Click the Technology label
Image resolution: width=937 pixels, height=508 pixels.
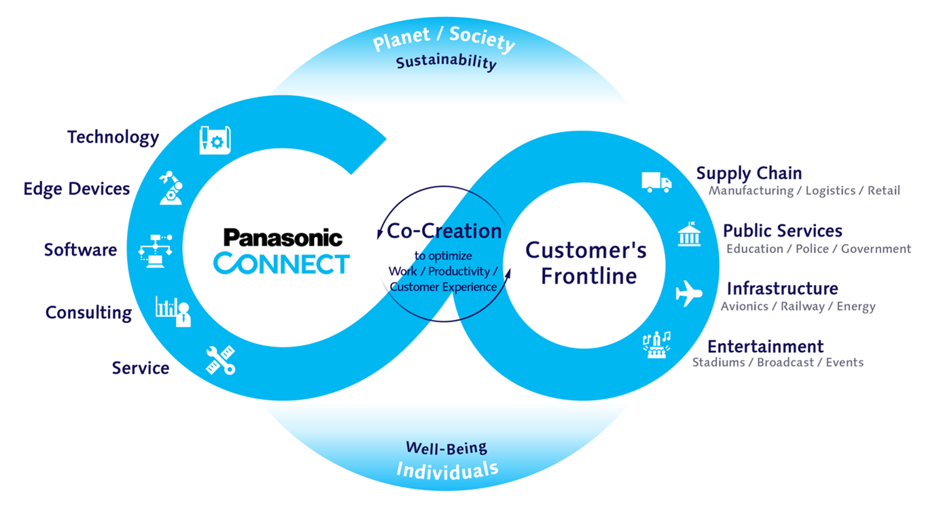pos(113,137)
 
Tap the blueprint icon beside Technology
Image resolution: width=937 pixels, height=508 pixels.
pos(215,140)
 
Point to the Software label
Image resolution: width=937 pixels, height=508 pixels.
pos(81,250)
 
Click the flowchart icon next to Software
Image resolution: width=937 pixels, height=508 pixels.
pos(155,250)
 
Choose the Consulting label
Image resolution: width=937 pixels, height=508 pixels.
pos(89,312)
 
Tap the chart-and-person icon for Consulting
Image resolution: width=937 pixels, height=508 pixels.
pos(173,311)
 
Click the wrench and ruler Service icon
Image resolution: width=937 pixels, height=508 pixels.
pos(220,360)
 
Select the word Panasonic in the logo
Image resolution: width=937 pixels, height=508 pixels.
pos(283,237)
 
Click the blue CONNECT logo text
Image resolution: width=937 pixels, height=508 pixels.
pos(281,263)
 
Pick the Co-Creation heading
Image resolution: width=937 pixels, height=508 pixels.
pos(444,231)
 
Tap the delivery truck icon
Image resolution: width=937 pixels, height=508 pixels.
pos(657,182)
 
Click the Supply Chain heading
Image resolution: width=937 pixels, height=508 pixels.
pos(749,173)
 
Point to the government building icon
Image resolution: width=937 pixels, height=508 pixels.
pos(689,234)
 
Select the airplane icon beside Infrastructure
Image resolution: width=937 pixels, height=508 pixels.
pos(689,293)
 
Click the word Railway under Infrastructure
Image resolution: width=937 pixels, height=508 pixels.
pos(802,307)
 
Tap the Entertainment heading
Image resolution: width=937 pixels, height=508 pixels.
pos(766,346)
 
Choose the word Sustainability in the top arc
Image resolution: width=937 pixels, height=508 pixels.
pos(446,62)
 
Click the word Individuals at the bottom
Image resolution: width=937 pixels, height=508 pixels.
pos(447,471)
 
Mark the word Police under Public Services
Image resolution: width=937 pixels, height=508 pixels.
pos(812,249)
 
